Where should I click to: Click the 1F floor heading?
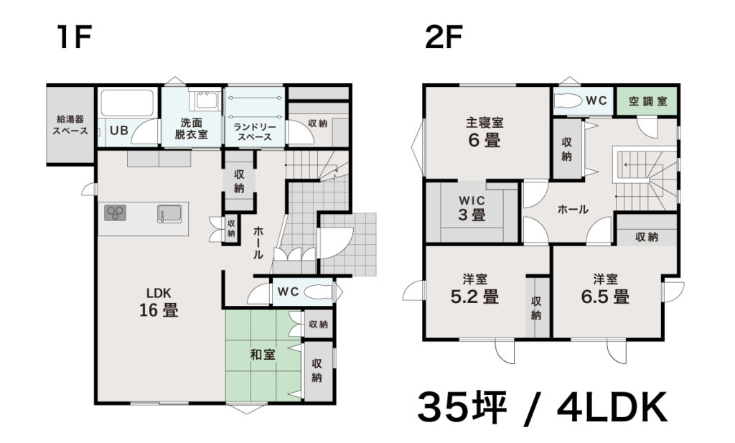pos(74,37)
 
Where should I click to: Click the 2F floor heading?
pos(444,37)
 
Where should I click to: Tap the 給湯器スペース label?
pos(70,125)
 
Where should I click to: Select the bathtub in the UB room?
pos(127,103)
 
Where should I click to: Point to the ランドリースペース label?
pos(255,131)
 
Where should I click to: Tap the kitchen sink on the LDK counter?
pos(169,214)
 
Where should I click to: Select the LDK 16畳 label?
pos(159,302)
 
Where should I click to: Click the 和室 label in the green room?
pos(263,355)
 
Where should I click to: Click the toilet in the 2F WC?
pos(568,101)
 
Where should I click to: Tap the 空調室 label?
pos(648,101)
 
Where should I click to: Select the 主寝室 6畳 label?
pos(484,132)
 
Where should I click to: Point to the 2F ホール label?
pos(573,210)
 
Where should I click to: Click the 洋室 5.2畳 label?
pos(475,289)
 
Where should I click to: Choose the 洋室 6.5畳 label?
pos(605,289)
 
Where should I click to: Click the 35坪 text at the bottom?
pos(462,407)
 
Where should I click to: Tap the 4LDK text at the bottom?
pos(612,407)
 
